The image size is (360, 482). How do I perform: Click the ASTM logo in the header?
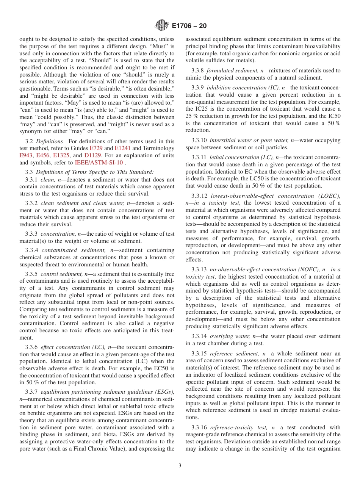coord(162,26)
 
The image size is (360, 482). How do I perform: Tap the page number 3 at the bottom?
coord(180,466)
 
